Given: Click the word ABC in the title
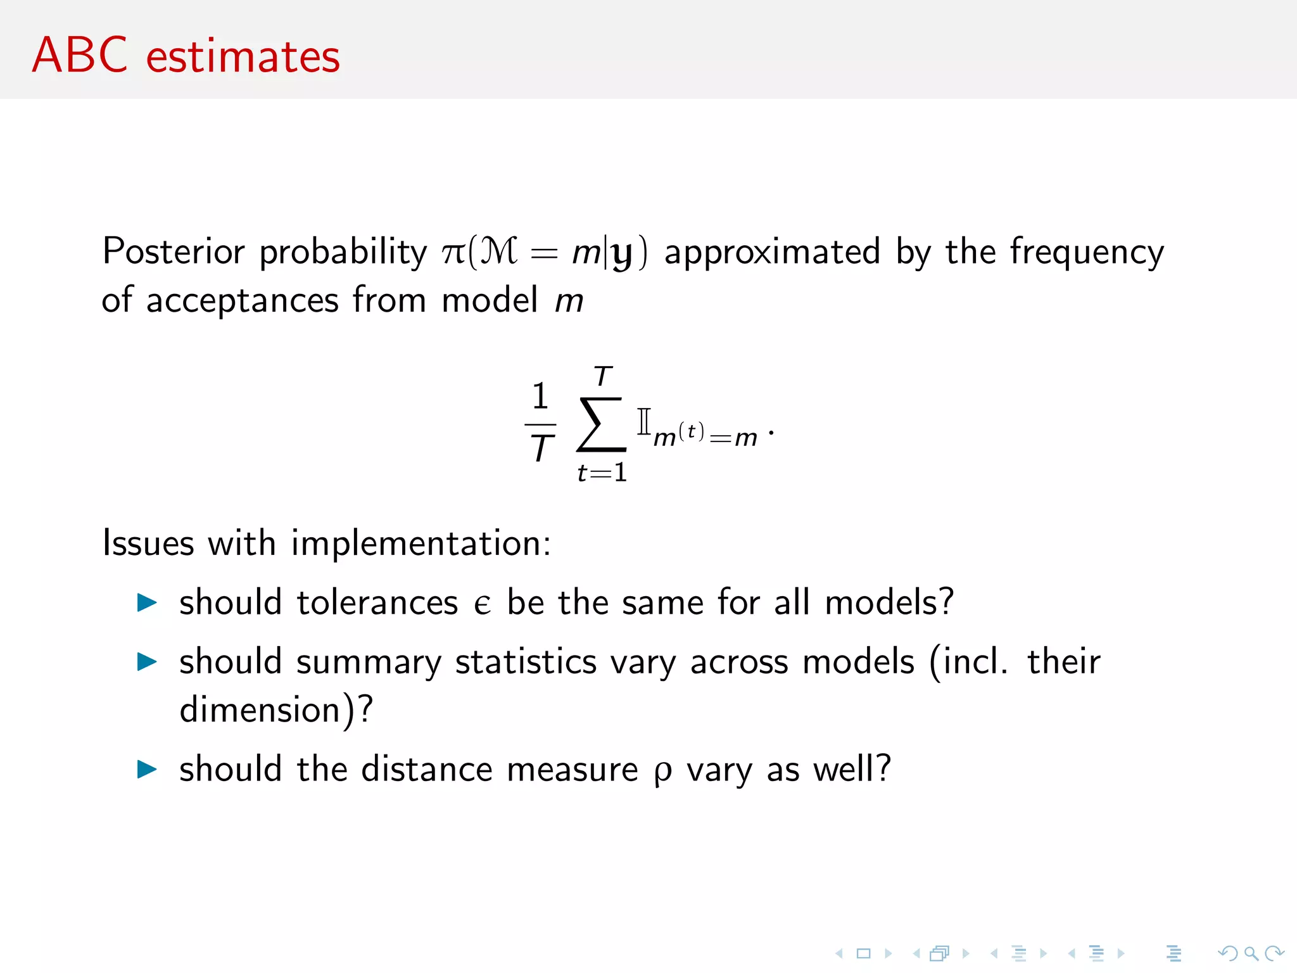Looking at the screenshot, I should tap(80, 56).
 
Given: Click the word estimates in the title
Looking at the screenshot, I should tap(243, 57).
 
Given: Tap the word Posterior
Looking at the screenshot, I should tap(173, 251).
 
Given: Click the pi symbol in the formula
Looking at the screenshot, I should tap(453, 253).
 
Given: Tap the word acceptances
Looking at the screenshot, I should tap(243, 301).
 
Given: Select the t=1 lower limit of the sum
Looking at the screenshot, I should tap(602, 473).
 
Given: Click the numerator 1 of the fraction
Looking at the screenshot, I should tap(540, 397).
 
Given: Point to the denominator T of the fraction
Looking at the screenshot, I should tap(541, 448).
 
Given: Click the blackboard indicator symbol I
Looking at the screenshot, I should tap(643, 421).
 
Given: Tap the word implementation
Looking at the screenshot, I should tap(421, 544).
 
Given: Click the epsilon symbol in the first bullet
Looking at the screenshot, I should tap(482, 604).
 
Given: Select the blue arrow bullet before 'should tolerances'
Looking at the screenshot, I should tap(147, 602).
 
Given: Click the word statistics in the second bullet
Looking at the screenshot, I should tap(526, 662).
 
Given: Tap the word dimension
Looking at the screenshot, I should tap(260, 709).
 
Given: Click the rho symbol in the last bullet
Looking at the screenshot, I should tap(662, 772).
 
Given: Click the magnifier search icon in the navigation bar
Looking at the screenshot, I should tap(1251, 953).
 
